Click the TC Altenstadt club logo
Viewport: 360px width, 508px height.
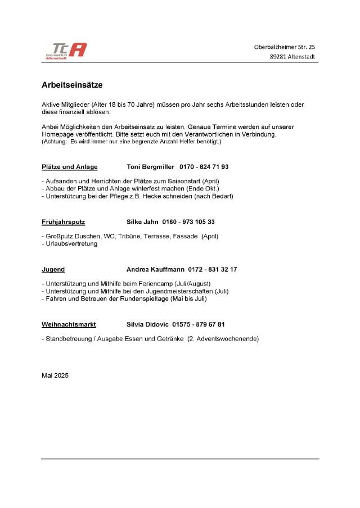pos(66,51)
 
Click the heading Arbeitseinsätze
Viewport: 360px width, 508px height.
pos(72,85)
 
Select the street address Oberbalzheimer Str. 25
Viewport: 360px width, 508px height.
pos(285,47)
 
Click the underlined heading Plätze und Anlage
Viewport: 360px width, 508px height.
pos(70,167)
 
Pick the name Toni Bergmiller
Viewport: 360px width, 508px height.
pos(150,167)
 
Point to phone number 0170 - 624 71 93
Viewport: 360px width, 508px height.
pos(204,167)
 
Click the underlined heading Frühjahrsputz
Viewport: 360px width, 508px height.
pos(64,222)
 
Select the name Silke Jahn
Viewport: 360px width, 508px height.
pos(142,222)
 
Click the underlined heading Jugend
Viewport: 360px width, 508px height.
pos(53,270)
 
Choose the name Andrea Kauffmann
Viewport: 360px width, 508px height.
pos(156,270)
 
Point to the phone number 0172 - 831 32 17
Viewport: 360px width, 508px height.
pos(213,270)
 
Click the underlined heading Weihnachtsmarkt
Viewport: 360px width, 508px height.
pos(69,325)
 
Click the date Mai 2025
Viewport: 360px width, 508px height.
pos(55,375)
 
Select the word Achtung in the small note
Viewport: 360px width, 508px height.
pos(55,142)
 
